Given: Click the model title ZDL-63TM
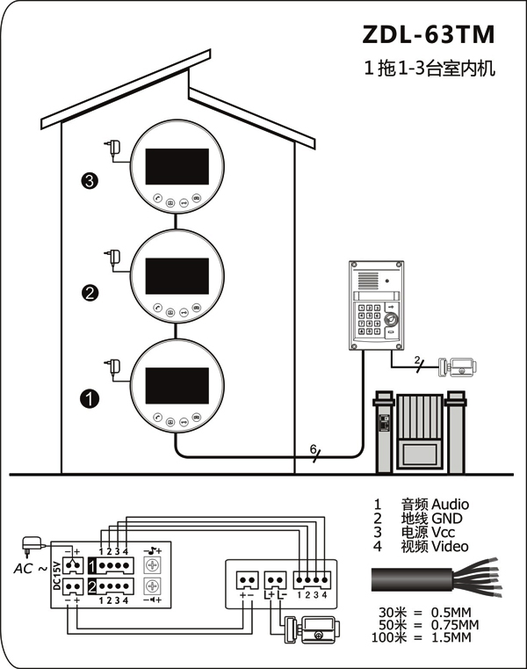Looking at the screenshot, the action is tap(428, 34).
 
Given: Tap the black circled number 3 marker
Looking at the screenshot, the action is tap(89, 180).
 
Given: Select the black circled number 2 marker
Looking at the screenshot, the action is tap(90, 293).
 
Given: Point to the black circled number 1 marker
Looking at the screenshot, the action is tap(90, 399).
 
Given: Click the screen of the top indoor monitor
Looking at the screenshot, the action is tap(177, 166).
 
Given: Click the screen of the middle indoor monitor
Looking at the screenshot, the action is tap(177, 276).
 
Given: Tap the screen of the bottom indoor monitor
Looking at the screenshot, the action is tap(177, 385).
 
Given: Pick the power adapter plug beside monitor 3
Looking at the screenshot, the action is tap(113, 148).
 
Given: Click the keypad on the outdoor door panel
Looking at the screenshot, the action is tap(369, 320).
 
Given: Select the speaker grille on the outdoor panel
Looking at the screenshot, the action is tap(368, 280).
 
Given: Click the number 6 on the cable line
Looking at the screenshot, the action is tap(313, 449).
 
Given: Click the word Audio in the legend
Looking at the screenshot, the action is tap(450, 505).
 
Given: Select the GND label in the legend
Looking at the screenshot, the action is tap(447, 519).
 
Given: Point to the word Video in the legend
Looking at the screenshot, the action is tap(450, 546).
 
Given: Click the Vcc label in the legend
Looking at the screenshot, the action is tap(443, 533).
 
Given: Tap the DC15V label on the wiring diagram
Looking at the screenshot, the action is tap(57, 575).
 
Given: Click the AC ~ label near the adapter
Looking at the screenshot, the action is tap(30, 568).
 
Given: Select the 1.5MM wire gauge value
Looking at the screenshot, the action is tap(451, 638).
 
